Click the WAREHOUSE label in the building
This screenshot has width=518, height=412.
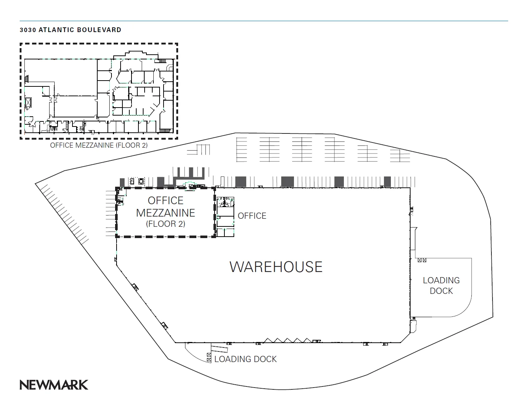click(x=276, y=267)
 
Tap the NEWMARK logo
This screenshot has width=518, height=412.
click(x=54, y=385)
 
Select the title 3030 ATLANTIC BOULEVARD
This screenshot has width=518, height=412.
click(x=71, y=30)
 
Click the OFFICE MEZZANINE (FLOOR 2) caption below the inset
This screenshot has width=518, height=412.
click(x=99, y=145)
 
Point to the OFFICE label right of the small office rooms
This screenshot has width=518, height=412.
click(x=252, y=216)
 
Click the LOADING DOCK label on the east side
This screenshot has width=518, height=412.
click(x=441, y=285)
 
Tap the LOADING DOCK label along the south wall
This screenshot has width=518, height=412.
click(x=246, y=359)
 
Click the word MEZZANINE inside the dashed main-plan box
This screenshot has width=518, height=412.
click(x=166, y=213)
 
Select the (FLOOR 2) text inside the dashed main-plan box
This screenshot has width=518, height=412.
click(x=166, y=224)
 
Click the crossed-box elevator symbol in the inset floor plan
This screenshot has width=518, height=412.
click(x=28, y=103)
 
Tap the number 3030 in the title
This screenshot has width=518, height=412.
click(x=28, y=30)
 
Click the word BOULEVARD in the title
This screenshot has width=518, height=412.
click(x=99, y=30)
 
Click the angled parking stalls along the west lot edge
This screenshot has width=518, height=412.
click(x=64, y=213)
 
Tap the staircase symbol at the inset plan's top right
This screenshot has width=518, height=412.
click(x=162, y=61)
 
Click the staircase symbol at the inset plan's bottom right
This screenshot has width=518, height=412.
click(x=165, y=131)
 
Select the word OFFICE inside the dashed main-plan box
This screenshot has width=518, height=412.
click(x=166, y=201)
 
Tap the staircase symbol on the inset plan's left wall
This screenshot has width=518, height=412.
click(x=27, y=79)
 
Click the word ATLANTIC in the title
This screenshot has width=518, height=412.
click(x=56, y=30)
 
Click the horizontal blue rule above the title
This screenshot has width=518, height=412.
click(x=264, y=21)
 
